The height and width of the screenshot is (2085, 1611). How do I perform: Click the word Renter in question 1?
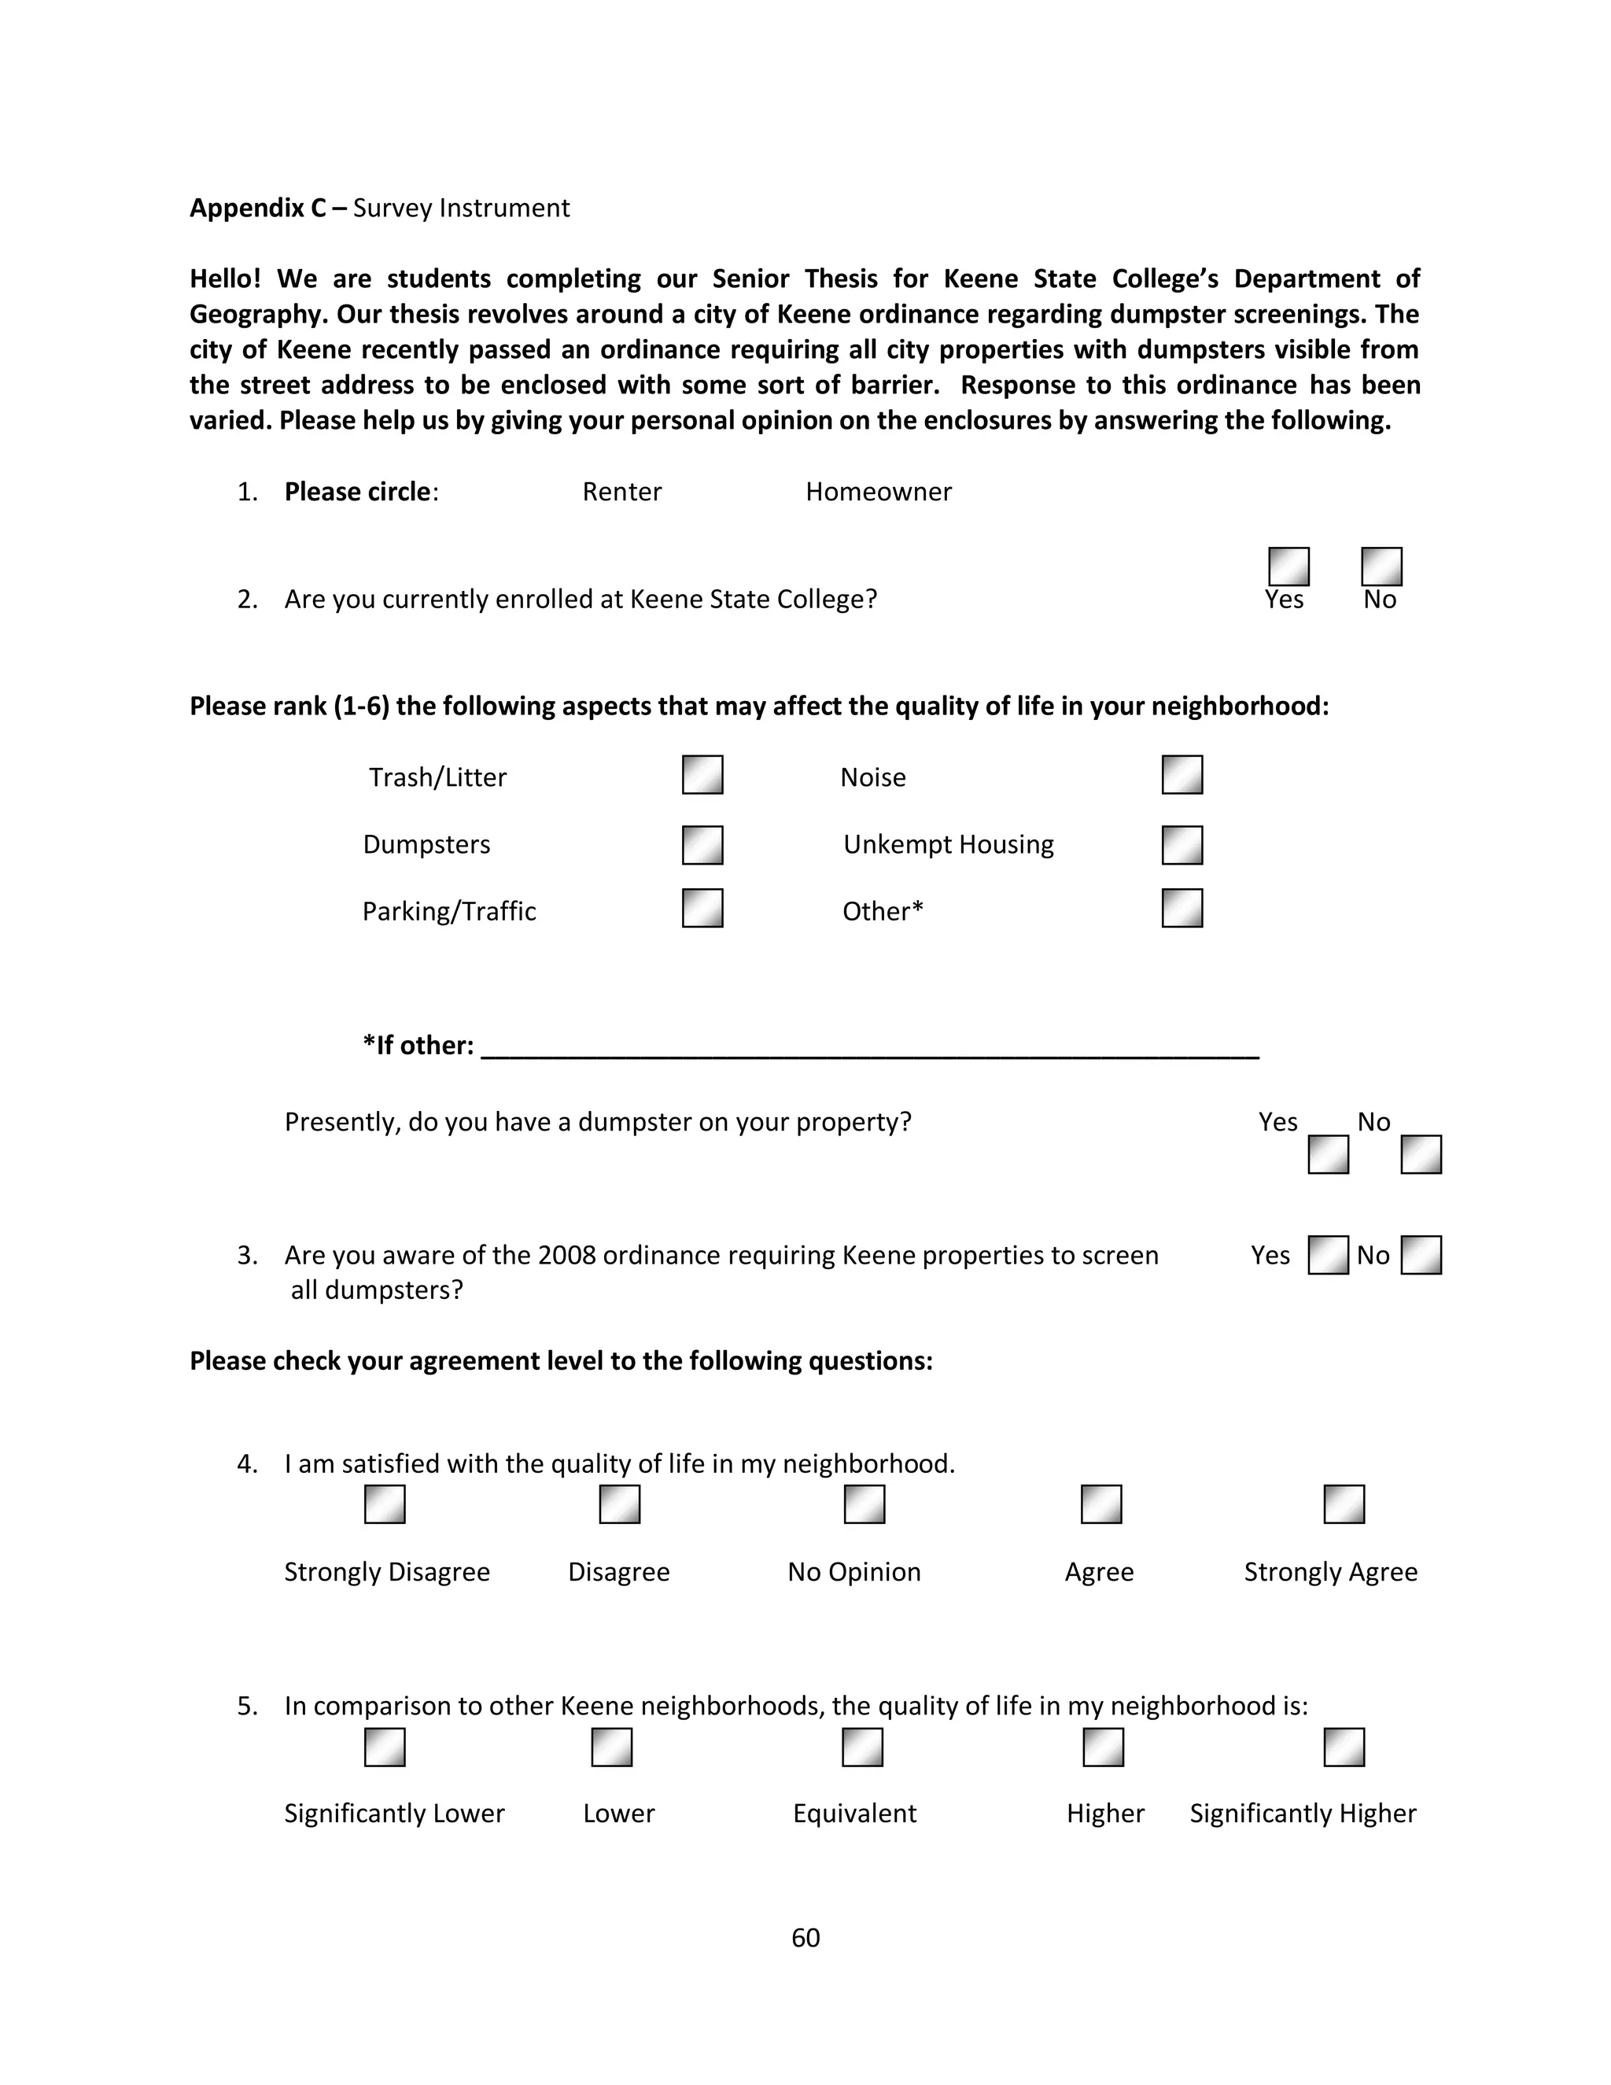pos(621,492)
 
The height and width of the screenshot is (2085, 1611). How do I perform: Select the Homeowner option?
pos(878,492)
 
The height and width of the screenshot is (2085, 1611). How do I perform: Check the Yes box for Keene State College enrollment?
pos(1288,566)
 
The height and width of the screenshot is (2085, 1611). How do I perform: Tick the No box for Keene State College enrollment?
pos(1381,566)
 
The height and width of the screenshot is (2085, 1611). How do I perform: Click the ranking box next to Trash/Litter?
pos(702,774)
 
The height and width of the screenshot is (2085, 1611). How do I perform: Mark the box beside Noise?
pos(1182,774)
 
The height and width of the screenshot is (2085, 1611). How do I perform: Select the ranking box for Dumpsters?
pos(702,845)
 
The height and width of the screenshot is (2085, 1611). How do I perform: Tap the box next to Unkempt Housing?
pos(1182,845)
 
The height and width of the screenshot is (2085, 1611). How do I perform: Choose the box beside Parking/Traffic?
pos(702,908)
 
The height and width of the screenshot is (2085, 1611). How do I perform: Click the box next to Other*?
pos(1182,908)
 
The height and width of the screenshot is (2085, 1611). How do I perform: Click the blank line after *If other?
pos(868,1048)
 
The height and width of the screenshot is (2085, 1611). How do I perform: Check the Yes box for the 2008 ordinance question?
pos(1328,1254)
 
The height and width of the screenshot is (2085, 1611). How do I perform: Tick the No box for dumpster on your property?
pos(1420,1154)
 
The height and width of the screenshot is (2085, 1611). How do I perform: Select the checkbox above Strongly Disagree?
pos(385,1504)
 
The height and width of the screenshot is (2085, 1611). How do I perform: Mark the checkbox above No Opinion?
pos(864,1504)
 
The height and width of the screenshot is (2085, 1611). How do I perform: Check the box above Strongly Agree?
pos(1344,1504)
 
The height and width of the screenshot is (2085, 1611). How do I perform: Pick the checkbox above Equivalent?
pos(862,1747)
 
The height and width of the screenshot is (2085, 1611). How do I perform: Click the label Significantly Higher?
pos(1302,1813)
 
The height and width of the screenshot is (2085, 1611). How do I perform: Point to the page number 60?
pos(805,1937)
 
